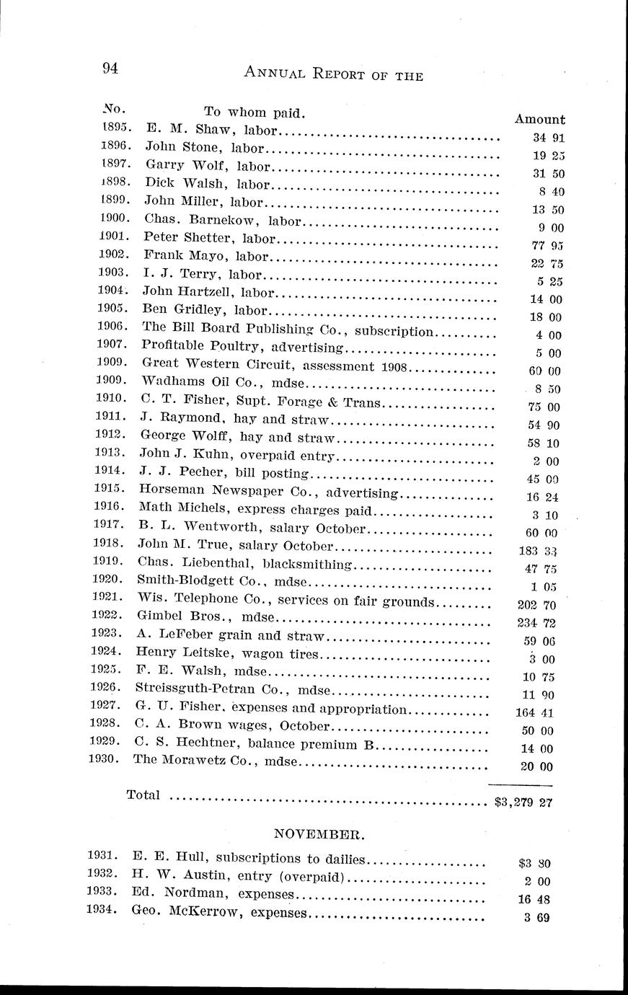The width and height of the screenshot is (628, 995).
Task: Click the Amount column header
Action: click(x=539, y=120)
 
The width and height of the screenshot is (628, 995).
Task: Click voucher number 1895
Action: click(x=115, y=127)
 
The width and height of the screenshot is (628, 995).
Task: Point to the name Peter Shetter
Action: click(x=177, y=236)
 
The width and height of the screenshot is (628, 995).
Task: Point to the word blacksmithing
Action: click(x=307, y=564)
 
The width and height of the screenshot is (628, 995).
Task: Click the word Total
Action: click(x=143, y=795)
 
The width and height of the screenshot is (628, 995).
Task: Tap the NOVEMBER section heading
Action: click(x=319, y=835)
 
